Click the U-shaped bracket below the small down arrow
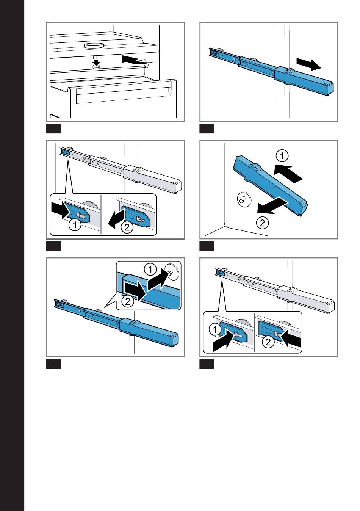point(96,66)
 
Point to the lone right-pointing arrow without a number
point(309,64)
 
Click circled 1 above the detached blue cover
point(282,156)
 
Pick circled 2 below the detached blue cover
point(262,223)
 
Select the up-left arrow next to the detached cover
point(288,173)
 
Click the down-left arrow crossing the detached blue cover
point(272,205)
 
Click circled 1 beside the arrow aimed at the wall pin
point(150,270)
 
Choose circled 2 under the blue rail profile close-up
point(128,301)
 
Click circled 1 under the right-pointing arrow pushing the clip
point(75,226)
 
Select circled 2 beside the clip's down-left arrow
point(127,227)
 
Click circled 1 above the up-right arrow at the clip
point(214,329)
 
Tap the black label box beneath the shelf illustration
point(53,129)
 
